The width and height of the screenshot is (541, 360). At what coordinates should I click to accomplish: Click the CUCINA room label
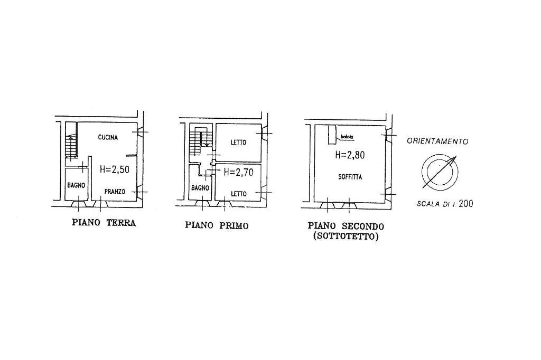pyautogui.click(x=108, y=137)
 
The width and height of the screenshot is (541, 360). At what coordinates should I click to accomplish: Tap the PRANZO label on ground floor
pyautogui.click(x=115, y=192)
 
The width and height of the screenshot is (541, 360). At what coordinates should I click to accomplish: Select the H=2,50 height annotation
pyautogui.click(x=115, y=169)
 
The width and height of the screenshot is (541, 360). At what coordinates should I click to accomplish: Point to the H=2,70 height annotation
pyautogui.click(x=238, y=172)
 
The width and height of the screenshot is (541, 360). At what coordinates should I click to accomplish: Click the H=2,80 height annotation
pyautogui.click(x=350, y=155)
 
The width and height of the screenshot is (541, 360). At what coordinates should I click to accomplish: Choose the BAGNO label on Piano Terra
pyautogui.click(x=76, y=185)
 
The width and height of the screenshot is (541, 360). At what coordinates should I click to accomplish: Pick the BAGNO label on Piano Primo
pyautogui.click(x=200, y=188)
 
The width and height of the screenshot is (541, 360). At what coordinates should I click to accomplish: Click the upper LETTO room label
pyautogui.click(x=238, y=142)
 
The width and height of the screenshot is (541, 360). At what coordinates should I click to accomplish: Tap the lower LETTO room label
pyautogui.click(x=238, y=194)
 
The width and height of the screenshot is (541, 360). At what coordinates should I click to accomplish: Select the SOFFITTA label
pyautogui.click(x=350, y=177)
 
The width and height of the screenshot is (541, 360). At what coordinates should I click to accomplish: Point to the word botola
pyautogui.click(x=347, y=137)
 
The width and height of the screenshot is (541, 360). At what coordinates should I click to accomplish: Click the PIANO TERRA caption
pyautogui.click(x=104, y=222)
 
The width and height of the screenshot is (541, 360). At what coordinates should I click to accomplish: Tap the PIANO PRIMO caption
pyautogui.click(x=217, y=225)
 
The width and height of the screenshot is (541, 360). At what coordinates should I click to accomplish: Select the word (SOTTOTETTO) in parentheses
pyautogui.click(x=346, y=237)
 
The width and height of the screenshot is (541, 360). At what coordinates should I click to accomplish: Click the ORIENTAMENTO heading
pyautogui.click(x=437, y=141)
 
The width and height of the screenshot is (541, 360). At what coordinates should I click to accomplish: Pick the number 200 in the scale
pyautogui.click(x=466, y=203)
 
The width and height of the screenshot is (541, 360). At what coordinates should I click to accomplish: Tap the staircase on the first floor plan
pyautogui.click(x=199, y=141)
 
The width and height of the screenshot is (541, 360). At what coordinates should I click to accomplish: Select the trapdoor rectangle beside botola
pyautogui.click(x=332, y=135)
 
